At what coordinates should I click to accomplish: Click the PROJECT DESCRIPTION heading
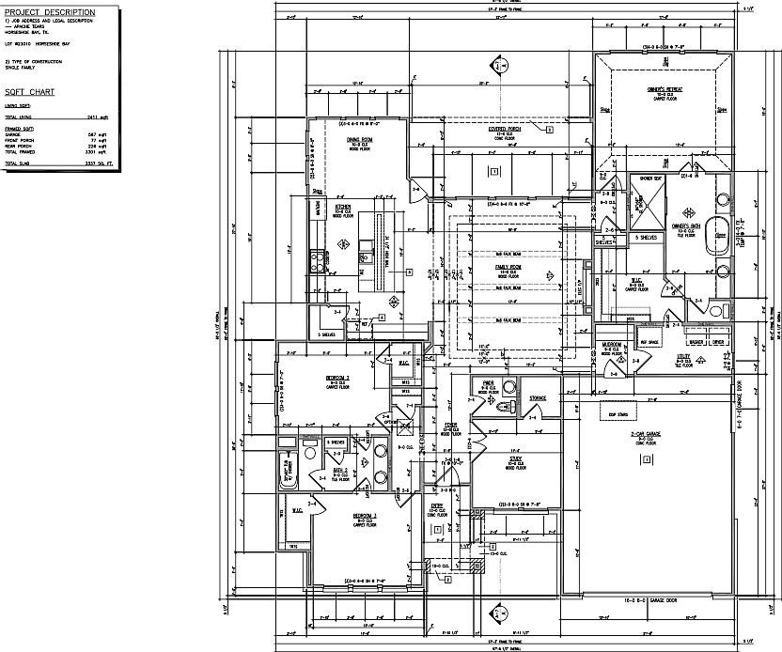(x=49, y=10)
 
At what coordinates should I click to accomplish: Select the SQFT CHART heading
(x=29, y=92)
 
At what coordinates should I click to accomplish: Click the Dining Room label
(x=360, y=139)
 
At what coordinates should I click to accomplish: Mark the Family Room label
(x=508, y=268)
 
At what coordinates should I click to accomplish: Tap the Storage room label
(x=538, y=397)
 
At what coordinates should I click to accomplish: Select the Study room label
(x=515, y=459)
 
